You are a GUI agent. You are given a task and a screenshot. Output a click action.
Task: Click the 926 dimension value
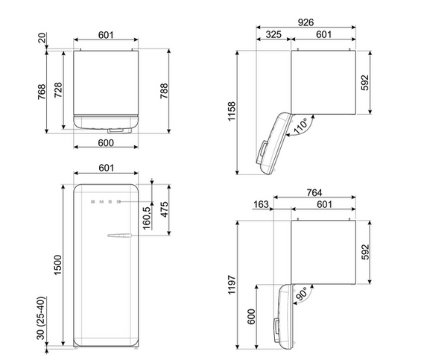point(306,22)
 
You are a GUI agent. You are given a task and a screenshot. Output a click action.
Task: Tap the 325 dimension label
point(273,34)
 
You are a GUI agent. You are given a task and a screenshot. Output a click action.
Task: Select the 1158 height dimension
point(232,111)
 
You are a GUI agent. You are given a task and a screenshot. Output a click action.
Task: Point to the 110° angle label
point(302,125)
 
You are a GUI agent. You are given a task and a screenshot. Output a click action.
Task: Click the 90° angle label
point(302,294)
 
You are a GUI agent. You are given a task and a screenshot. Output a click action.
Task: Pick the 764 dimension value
point(314,192)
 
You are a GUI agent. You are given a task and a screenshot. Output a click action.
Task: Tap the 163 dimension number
point(261,204)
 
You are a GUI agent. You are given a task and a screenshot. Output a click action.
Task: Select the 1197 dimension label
point(232,285)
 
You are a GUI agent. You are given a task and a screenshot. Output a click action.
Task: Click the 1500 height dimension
point(57,265)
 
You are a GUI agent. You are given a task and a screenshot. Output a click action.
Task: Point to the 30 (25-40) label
point(40,318)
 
